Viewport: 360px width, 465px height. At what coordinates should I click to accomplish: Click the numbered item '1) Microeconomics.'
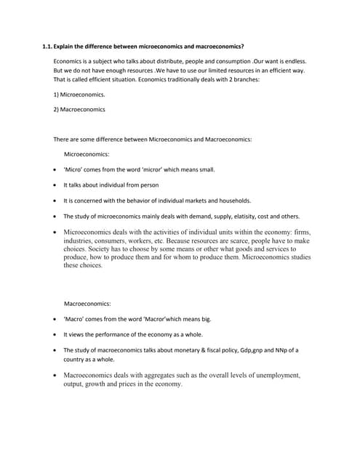point(79,94)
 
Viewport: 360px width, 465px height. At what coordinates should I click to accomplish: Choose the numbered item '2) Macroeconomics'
point(79,109)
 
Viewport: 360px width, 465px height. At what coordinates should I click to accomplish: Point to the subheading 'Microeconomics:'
point(87,154)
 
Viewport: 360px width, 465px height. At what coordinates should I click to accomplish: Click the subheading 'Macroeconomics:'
point(88,303)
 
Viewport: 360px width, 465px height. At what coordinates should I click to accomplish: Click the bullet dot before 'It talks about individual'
point(56,185)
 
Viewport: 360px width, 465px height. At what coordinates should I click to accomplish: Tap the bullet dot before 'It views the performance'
point(56,334)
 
